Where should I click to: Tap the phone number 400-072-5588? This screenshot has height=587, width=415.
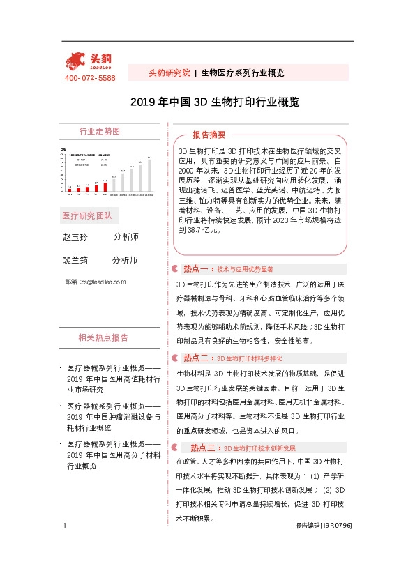[x=90, y=78]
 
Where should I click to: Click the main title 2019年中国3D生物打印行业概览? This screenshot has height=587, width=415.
[x=215, y=102]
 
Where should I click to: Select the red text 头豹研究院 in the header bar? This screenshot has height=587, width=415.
[x=169, y=73]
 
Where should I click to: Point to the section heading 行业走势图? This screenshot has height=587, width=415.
[x=99, y=132]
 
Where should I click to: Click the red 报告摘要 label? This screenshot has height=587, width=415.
[x=209, y=135]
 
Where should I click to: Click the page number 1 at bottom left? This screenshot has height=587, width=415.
[x=64, y=544]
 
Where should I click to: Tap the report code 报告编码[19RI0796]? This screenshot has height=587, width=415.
[x=324, y=545]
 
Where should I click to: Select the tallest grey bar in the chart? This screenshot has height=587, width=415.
[x=149, y=175]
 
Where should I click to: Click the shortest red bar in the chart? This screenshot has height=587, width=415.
[x=70, y=189]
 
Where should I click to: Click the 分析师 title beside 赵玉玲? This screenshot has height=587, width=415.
[x=125, y=237]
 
